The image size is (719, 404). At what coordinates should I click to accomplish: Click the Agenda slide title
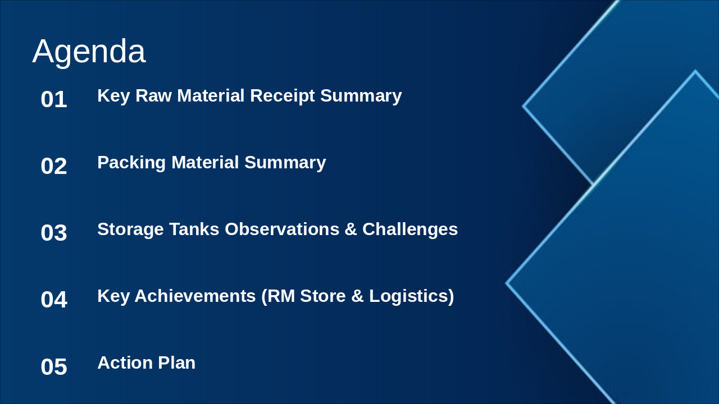(89, 51)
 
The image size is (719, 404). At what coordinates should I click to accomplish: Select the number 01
(54, 99)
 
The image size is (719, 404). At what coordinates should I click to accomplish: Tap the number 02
(54, 166)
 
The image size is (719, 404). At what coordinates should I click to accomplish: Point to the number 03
(54, 233)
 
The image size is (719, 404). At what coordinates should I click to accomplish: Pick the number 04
(54, 300)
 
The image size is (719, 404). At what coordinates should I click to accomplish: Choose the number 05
(54, 367)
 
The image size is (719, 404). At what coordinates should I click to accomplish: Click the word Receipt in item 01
(282, 96)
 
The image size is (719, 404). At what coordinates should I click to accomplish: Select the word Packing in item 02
(131, 163)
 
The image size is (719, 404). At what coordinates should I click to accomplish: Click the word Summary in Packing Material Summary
(285, 163)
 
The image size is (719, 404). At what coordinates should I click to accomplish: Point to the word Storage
(130, 229)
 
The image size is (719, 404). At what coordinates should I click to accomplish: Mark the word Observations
(282, 229)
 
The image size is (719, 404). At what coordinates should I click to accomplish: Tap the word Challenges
(410, 229)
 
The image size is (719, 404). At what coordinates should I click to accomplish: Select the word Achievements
(195, 296)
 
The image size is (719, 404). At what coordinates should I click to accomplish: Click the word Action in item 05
(125, 363)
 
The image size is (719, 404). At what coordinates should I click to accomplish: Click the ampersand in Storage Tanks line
(351, 229)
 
